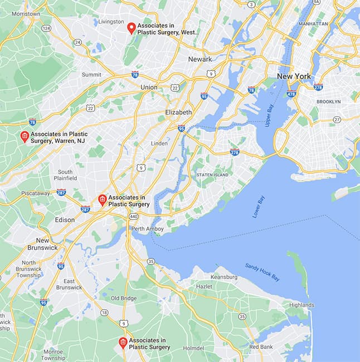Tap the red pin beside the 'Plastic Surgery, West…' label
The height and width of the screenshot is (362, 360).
(132, 27)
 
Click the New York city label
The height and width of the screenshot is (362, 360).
(294, 76)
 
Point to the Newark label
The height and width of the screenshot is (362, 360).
(200, 59)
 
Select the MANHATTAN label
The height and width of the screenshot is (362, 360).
(313, 24)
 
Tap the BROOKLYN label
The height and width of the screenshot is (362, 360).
(328, 102)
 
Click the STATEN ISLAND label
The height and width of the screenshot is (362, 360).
(212, 175)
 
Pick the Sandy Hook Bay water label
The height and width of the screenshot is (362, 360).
(262, 272)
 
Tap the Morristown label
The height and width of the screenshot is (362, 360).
(21, 13)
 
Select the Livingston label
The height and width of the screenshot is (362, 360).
(111, 22)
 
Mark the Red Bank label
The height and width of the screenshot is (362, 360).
(261, 346)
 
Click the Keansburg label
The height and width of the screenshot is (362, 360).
(224, 277)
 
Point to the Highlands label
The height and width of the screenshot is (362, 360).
(301, 305)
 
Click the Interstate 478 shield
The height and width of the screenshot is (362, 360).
(291, 94)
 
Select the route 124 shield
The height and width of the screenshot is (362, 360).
(46, 28)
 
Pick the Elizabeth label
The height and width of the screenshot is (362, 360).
(178, 112)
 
